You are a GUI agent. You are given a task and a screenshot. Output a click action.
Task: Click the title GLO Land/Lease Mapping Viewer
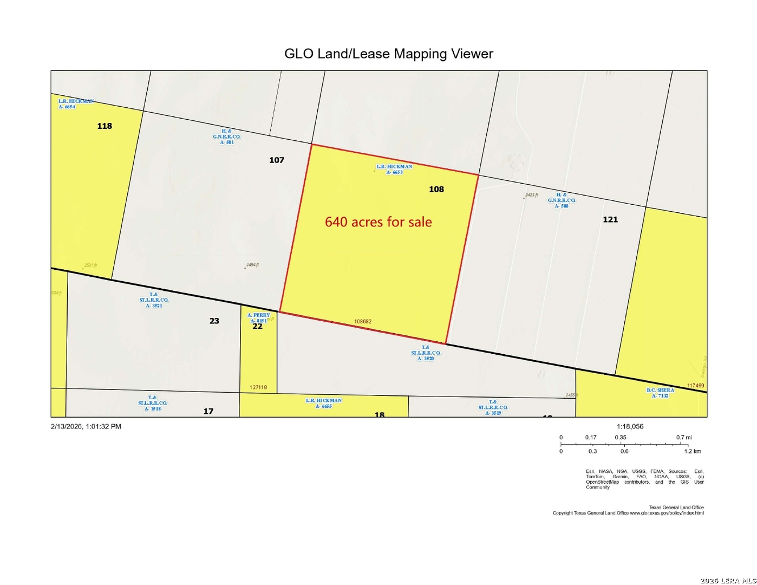(x=389, y=54)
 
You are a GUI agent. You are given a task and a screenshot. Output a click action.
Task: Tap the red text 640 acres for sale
(x=378, y=222)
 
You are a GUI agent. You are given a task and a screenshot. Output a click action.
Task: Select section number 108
(x=436, y=189)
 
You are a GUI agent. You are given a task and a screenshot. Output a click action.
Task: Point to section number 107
(x=277, y=160)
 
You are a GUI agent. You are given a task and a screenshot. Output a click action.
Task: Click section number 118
(x=105, y=126)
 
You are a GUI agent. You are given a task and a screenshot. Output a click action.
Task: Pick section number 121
(x=610, y=219)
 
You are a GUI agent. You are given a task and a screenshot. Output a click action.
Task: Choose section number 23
(x=214, y=321)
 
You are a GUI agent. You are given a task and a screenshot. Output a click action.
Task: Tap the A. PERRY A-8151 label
(x=258, y=318)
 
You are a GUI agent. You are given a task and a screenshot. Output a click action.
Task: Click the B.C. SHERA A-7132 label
(x=661, y=393)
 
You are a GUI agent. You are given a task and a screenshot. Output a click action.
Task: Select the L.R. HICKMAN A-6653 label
(x=394, y=169)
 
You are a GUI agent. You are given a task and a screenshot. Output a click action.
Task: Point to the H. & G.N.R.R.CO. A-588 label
(x=562, y=200)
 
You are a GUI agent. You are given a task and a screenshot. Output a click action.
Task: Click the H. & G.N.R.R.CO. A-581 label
(x=226, y=136)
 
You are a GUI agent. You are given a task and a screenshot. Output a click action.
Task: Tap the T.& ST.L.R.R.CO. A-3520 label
(x=426, y=353)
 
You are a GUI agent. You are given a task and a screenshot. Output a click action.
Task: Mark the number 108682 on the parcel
(x=363, y=321)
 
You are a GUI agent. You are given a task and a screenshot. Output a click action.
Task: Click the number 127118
(x=258, y=387)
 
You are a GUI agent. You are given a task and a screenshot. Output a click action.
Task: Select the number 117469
(x=695, y=386)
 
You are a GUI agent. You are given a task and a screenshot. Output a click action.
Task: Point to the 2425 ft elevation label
(x=531, y=195)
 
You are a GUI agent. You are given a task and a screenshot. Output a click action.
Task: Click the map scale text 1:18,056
(x=630, y=426)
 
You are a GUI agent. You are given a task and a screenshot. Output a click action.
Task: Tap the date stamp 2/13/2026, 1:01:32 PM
(x=86, y=426)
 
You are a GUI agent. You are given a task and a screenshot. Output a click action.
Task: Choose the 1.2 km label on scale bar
(x=693, y=451)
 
